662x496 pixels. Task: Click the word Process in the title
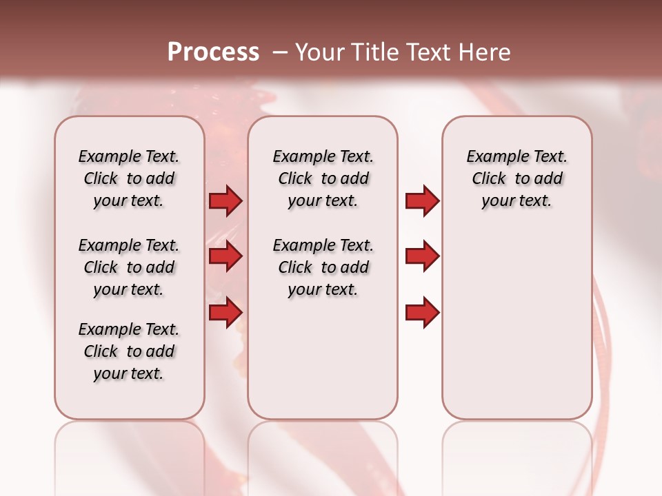pyautogui.click(x=213, y=52)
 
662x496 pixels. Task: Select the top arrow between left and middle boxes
pyautogui.click(x=225, y=201)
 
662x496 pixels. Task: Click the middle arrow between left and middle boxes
pyautogui.click(x=225, y=257)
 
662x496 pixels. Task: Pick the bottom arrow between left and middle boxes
pyautogui.click(x=225, y=313)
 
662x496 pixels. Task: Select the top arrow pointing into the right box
pyautogui.click(x=422, y=201)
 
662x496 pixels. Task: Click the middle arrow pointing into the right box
pyautogui.click(x=422, y=257)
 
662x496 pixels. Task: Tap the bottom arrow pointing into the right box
pyautogui.click(x=422, y=313)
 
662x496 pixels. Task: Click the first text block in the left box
pyautogui.click(x=129, y=178)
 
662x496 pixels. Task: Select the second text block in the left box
pyautogui.click(x=129, y=267)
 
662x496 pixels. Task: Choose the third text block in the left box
pyautogui.click(x=129, y=351)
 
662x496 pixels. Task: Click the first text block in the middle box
pyautogui.click(x=323, y=178)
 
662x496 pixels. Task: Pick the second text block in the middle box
pyautogui.click(x=323, y=267)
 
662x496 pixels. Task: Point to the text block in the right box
pyautogui.click(x=517, y=178)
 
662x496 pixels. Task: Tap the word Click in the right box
pyautogui.click(x=489, y=179)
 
